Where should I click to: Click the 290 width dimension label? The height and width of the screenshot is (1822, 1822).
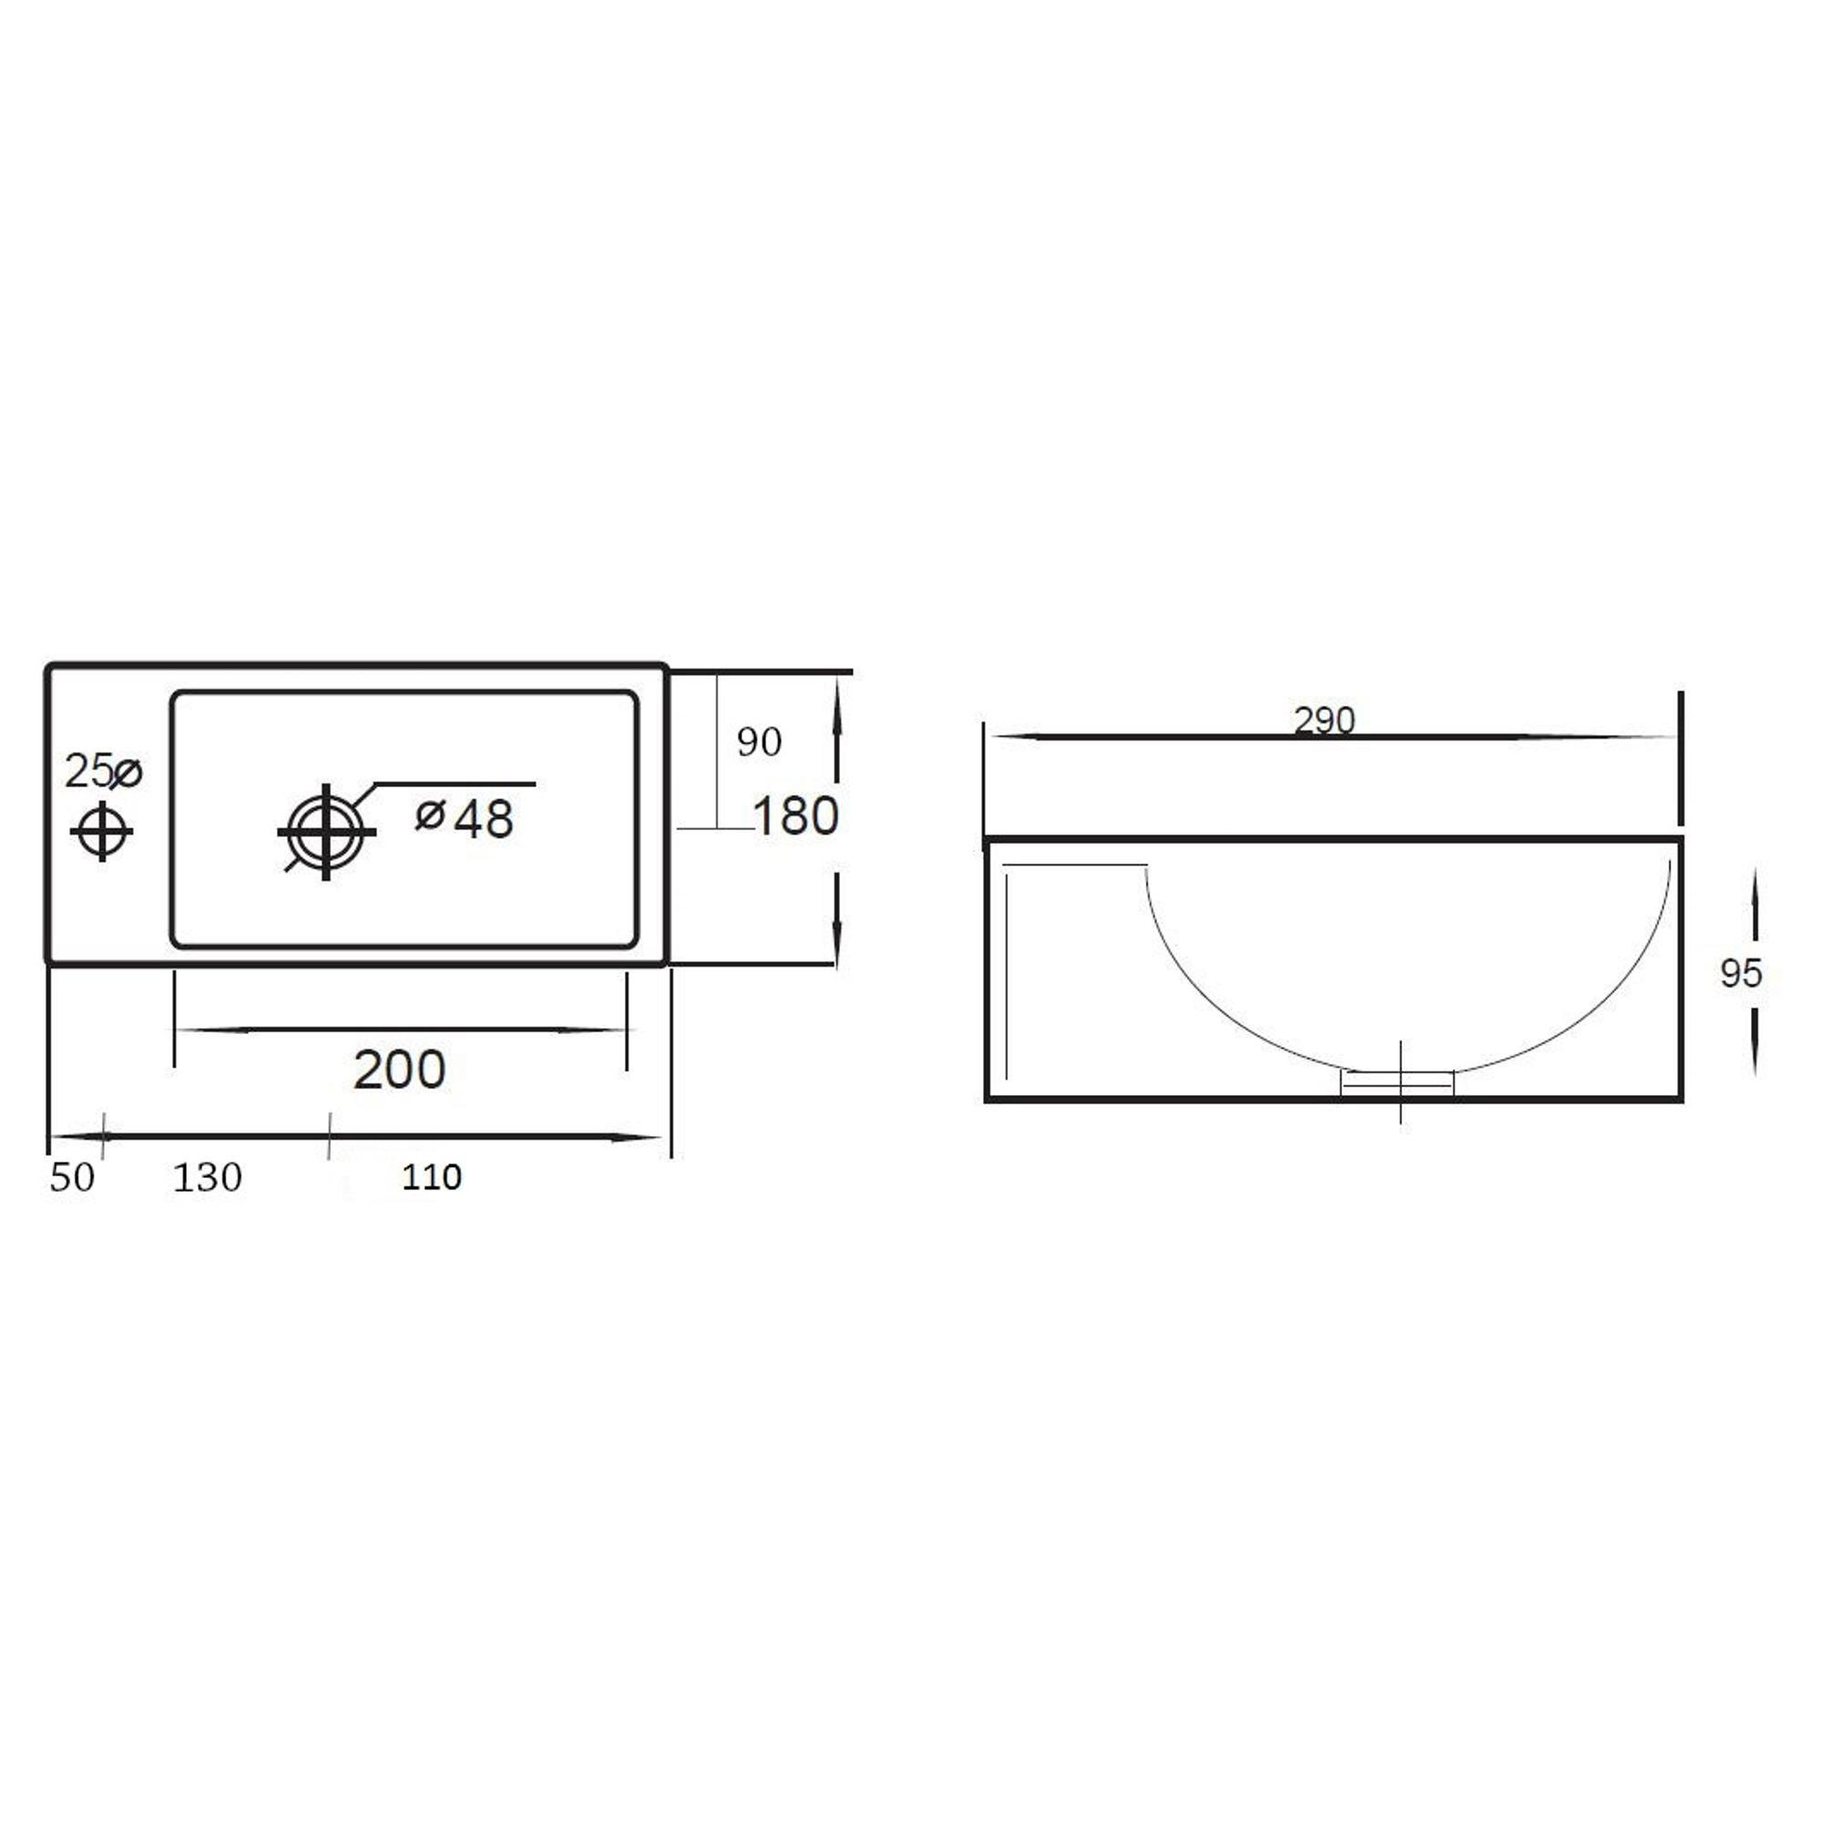click(1324, 721)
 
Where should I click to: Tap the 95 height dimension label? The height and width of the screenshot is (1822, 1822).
click(1741, 973)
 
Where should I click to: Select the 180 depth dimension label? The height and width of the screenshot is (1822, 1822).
click(796, 815)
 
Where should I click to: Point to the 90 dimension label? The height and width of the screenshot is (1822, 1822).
click(759, 742)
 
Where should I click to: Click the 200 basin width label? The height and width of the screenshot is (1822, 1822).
click(399, 1069)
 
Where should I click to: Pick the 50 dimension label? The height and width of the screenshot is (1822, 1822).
click(73, 1177)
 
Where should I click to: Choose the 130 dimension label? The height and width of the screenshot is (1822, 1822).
click(208, 1177)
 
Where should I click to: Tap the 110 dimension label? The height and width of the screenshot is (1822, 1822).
click(432, 1177)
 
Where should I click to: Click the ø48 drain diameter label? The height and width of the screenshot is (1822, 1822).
click(465, 818)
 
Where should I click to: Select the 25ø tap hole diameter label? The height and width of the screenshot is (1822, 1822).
click(103, 772)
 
